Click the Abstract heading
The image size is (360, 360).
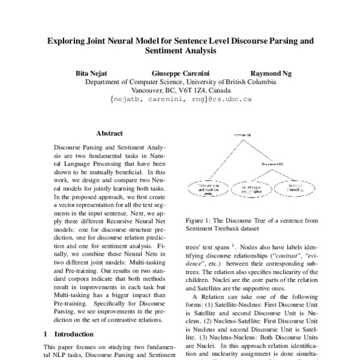109,133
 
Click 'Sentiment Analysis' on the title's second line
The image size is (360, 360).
179,52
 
